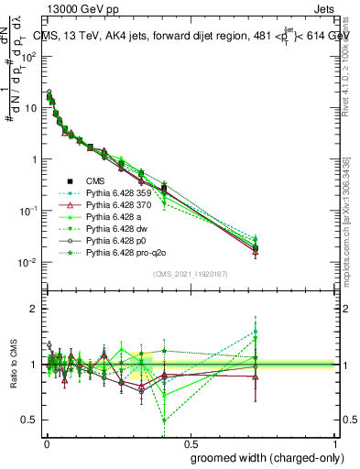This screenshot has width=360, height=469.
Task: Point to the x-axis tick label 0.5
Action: pos(189,442)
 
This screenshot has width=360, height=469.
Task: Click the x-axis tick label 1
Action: pos(333,442)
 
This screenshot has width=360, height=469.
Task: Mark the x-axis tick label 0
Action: pos(46,442)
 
